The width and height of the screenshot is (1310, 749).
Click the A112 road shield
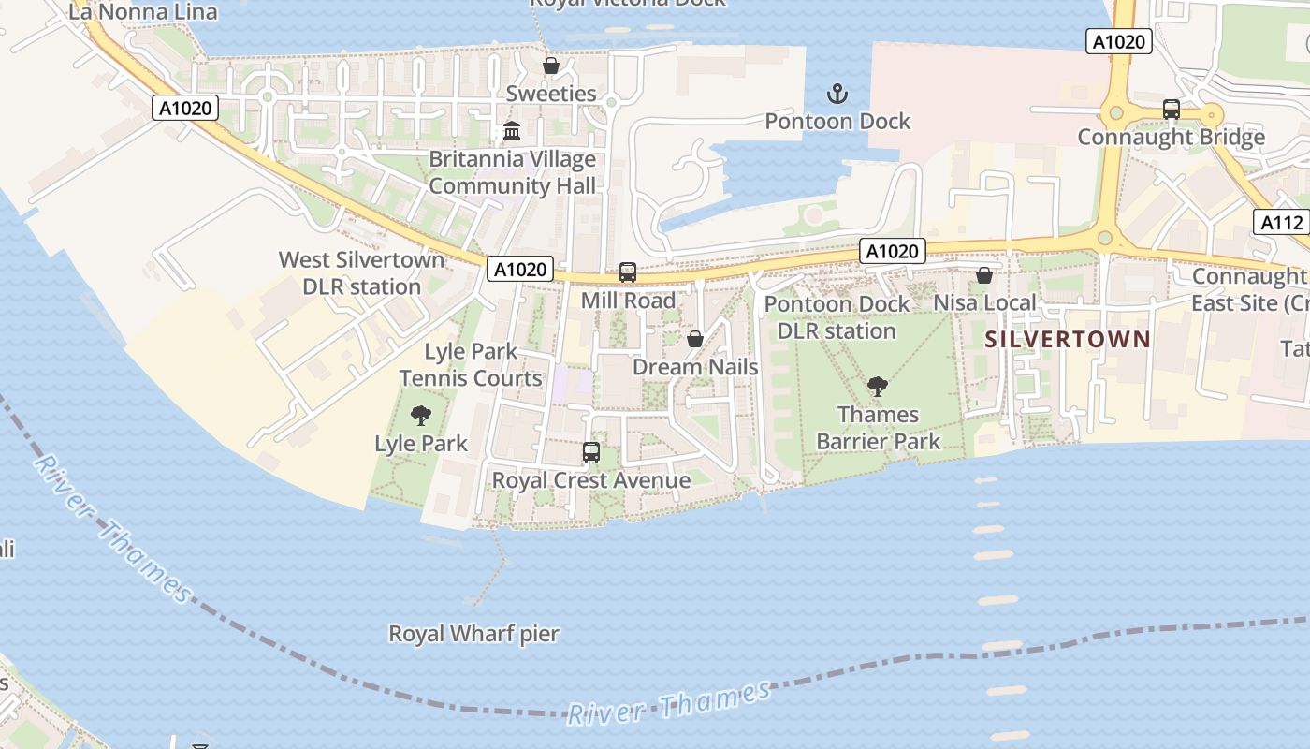click(x=1281, y=222)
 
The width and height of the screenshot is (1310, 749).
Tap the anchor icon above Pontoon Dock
click(x=837, y=94)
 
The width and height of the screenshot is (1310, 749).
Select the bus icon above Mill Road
click(x=628, y=272)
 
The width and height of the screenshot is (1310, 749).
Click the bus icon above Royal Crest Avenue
click(x=591, y=452)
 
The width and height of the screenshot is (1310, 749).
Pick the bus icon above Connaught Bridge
click(x=1171, y=110)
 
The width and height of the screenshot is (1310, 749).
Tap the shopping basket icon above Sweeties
click(x=551, y=66)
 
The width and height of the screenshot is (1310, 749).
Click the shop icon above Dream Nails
click(x=695, y=339)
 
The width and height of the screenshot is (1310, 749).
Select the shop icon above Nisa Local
click(x=984, y=275)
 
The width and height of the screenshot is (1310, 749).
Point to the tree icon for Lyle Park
click(x=421, y=415)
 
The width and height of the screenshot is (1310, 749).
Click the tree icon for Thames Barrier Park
click(x=878, y=386)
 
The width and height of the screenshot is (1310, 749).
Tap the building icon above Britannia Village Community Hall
click(x=512, y=131)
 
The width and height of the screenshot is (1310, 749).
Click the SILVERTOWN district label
click(x=1067, y=339)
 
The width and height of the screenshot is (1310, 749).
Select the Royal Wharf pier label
click(x=473, y=634)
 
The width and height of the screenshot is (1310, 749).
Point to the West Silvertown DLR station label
click(x=361, y=272)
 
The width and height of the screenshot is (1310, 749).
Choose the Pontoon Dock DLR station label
click(x=837, y=317)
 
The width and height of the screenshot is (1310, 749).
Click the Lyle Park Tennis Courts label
click(x=471, y=365)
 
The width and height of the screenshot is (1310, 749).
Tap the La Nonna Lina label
click(x=143, y=12)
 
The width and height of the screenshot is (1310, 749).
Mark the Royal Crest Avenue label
click(x=591, y=480)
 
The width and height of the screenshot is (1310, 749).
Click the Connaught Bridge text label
click(x=1171, y=137)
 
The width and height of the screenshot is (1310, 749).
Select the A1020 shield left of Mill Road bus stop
click(x=520, y=270)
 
